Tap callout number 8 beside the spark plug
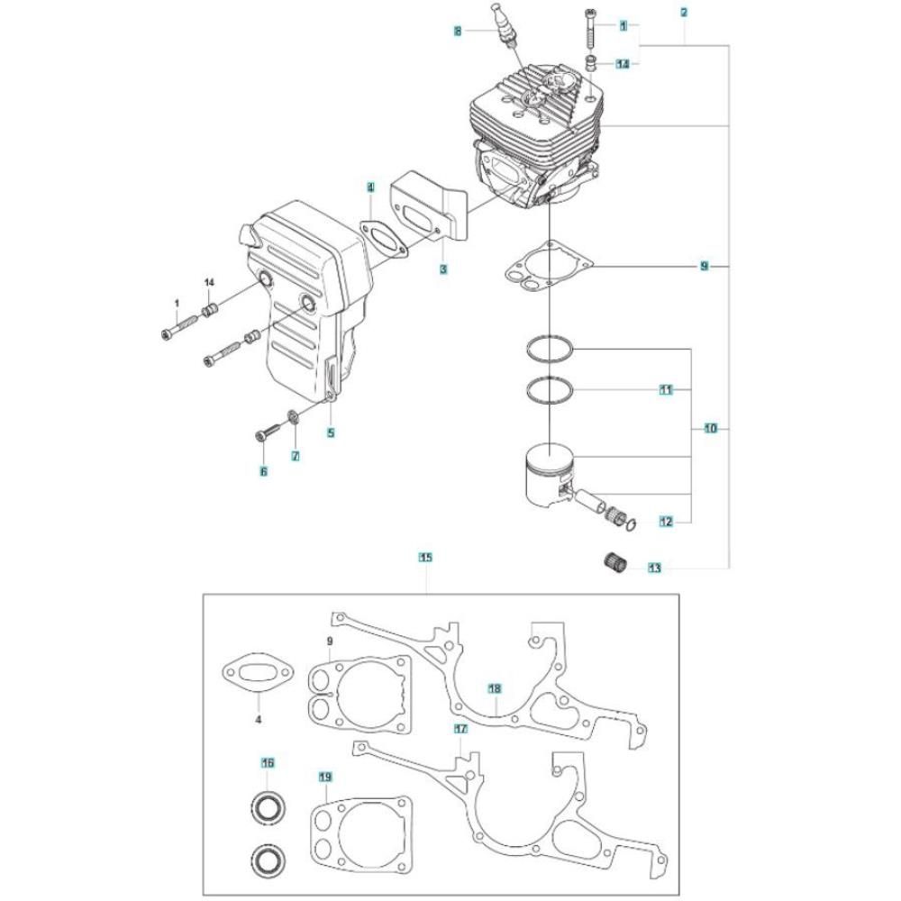coord(458,31)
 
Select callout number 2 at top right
coord(684,12)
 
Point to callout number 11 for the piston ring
coord(666,389)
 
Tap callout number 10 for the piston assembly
coord(711,428)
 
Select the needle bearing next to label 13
coord(614,561)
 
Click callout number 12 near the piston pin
coord(666,522)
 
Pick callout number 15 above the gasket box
coord(426,557)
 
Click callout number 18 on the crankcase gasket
coord(495,688)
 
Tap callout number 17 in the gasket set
coord(460,729)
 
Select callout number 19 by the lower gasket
coord(325,777)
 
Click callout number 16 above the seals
coord(268,763)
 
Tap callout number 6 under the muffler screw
coord(264,472)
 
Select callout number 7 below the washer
coord(296,456)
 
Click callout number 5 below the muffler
coord(331,432)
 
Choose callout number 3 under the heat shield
coord(443,268)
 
